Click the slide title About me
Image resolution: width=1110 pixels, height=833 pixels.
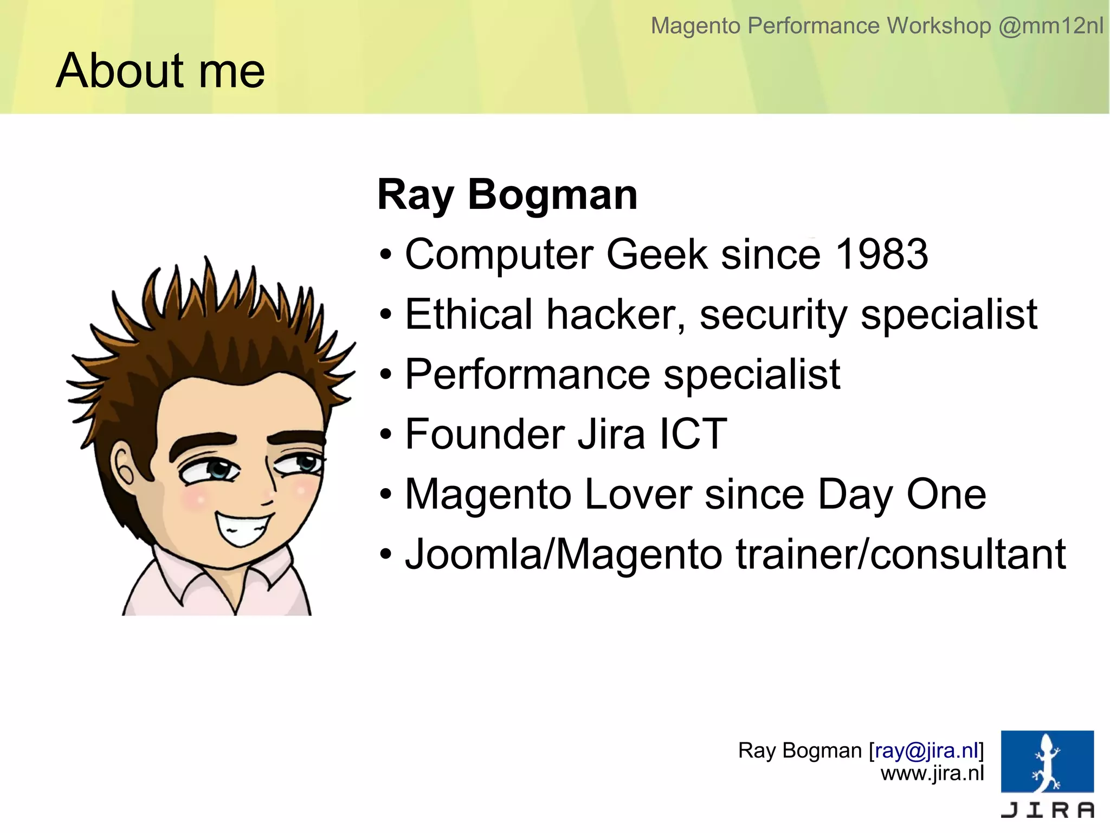[160, 71]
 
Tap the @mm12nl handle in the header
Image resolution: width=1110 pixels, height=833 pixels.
[1050, 25]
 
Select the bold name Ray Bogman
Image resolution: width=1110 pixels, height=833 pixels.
[507, 195]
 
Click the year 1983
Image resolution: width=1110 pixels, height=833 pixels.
[882, 254]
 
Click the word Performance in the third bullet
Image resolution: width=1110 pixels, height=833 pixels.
[528, 375]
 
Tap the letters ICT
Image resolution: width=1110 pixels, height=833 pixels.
[693, 434]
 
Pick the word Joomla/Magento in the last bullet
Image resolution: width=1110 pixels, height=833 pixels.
[564, 554]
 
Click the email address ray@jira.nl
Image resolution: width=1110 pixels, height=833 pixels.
[926, 751]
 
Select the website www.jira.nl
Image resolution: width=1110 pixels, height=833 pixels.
[932, 773]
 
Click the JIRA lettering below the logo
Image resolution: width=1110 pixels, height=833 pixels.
[1047, 810]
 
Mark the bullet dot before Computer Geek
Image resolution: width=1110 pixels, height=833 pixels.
[385, 255]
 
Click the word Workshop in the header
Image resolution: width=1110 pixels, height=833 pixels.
[939, 25]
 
